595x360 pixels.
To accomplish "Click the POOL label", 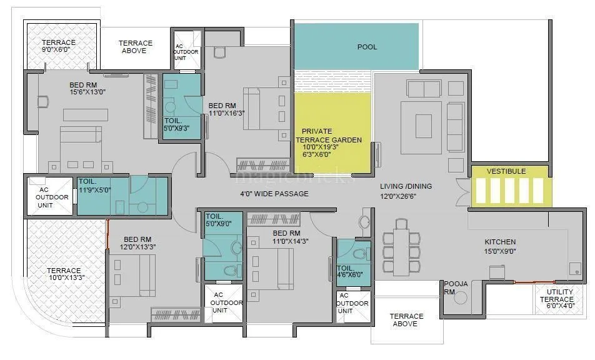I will pos(367,47).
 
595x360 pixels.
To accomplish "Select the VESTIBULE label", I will pos(506,171).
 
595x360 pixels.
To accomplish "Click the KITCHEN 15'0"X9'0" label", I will pos(500,246).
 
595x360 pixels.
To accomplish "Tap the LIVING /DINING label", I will pos(406,191).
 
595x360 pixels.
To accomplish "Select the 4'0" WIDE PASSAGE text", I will pos(274,194).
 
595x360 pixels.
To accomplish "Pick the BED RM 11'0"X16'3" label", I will pos(222,110).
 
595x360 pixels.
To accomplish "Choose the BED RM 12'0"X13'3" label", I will pos(137,243).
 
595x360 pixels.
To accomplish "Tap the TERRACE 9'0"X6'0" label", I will pos(59,46).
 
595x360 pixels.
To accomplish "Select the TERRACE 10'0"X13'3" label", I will pos(63,274).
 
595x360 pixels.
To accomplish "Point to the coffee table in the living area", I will pos(423,125).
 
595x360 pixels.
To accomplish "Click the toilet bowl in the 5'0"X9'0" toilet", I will pos(229,271).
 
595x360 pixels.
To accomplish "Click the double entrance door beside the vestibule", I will pos(462,192).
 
